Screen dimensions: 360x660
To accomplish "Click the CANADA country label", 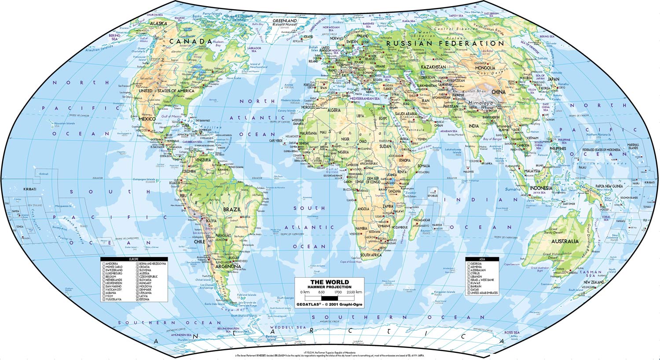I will (191, 42).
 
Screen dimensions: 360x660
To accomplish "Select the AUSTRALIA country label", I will (565, 241).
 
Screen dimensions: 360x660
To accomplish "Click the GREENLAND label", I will (285, 21).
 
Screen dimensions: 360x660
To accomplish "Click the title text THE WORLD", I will (330, 282).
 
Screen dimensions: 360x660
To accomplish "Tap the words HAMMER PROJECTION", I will (330, 287).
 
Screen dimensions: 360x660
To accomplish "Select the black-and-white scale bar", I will (330, 298).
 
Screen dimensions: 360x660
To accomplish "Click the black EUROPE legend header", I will (134, 259).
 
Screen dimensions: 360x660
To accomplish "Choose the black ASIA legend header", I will (482, 259).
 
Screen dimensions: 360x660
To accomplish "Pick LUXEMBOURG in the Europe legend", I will (114, 273).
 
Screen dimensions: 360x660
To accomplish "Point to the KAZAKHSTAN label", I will (433, 67).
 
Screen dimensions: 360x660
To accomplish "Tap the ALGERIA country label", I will (334, 110).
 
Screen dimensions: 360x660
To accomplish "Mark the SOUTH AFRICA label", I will (371, 255).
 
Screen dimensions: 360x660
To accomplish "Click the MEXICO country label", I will (147, 119).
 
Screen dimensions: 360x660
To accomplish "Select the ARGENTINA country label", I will (227, 266).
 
